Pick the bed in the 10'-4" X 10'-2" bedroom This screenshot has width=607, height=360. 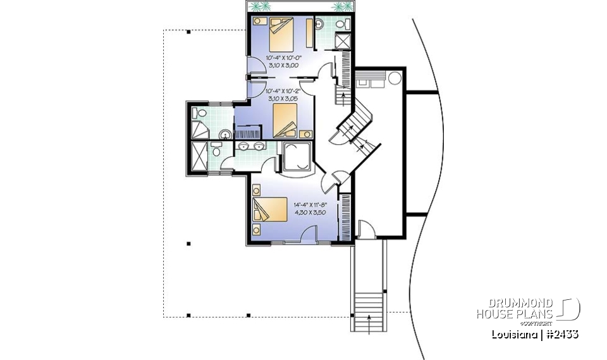285,119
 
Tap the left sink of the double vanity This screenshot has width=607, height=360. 244,147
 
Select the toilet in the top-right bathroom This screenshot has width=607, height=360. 342,24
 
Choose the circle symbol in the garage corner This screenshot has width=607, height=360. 395,79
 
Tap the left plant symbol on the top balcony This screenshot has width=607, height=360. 259,7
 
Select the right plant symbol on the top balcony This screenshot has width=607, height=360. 341,7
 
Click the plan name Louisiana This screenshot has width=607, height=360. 513,333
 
